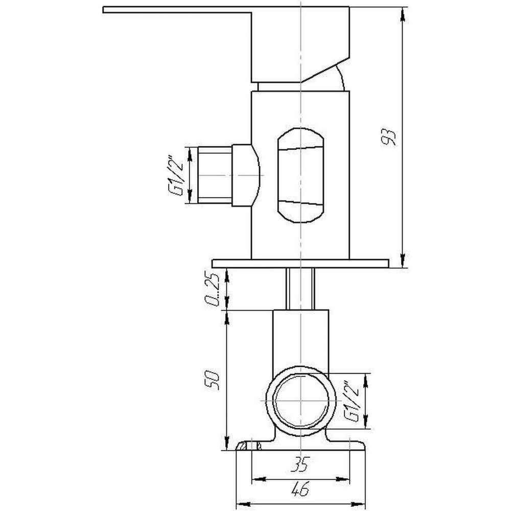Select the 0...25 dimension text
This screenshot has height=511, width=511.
click(214, 290)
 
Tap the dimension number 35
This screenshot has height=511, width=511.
click(301, 465)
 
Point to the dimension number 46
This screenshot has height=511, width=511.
click(301, 490)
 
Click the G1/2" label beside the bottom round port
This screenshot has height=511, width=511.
click(352, 401)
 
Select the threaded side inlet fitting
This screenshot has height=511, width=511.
click(215, 175)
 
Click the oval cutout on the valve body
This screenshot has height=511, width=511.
click(300, 175)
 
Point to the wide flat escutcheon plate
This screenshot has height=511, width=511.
click(300, 263)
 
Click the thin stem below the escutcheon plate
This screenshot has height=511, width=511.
click(300, 289)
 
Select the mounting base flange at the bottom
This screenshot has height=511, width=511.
click(300, 446)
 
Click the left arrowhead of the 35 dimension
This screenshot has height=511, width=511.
click(257, 480)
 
